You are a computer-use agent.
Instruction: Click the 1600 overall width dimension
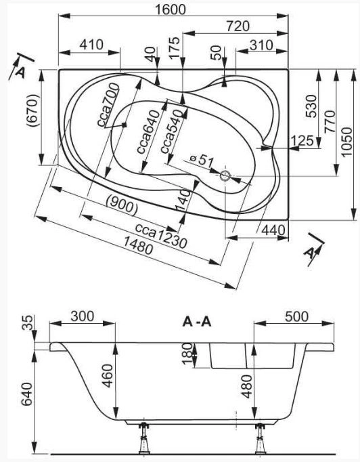click(x=171, y=9)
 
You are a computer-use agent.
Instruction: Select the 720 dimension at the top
click(x=238, y=26)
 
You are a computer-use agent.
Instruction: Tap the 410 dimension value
click(x=91, y=45)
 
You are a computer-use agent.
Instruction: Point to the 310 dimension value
click(x=261, y=45)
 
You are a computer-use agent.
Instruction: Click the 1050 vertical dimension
click(x=348, y=142)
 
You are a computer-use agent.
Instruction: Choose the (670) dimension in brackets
click(x=33, y=110)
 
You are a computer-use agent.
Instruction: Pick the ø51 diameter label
click(x=202, y=160)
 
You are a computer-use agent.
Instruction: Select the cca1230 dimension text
click(x=161, y=236)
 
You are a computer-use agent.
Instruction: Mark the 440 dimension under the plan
click(x=274, y=230)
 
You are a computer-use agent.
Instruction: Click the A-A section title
click(x=197, y=322)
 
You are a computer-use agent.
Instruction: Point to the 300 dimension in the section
click(x=83, y=316)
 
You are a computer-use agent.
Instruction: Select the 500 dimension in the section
click(x=296, y=316)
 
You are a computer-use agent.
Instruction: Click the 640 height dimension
click(x=28, y=394)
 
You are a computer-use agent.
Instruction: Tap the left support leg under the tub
click(x=144, y=438)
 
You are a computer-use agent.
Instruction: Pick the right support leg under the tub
click(x=261, y=438)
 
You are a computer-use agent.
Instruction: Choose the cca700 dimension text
click(x=108, y=105)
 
